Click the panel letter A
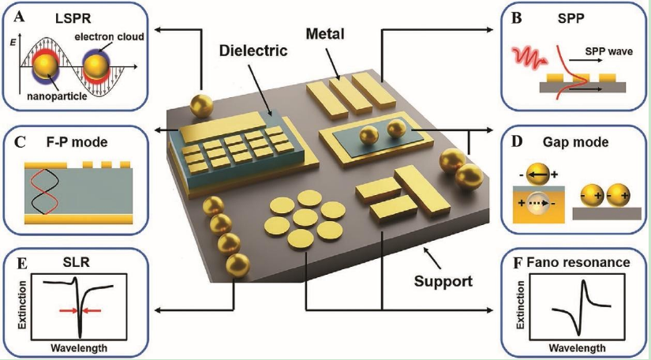[x=19, y=17]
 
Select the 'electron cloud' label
[x=109, y=37]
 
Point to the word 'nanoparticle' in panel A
[x=57, y=96]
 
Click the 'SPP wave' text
[x=608, y=51]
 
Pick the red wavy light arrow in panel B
[x=530, y=58]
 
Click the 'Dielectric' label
[x=253, y=51]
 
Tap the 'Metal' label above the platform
[x=325, y=34]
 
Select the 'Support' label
[x=443, y=281]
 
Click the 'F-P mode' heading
[x=77, y=142]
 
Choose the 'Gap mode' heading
[x=575, y=142]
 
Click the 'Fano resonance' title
[x=578, y=262]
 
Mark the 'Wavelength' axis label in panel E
[x=79, y=347]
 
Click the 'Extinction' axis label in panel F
[x=520, y=306]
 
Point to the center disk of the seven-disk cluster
[x=305, y=217]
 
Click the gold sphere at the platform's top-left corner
[x=201, y=105]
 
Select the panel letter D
[x=517, y=141]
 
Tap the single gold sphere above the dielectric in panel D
[x=538, y=175]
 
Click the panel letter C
[x=20, y=142]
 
